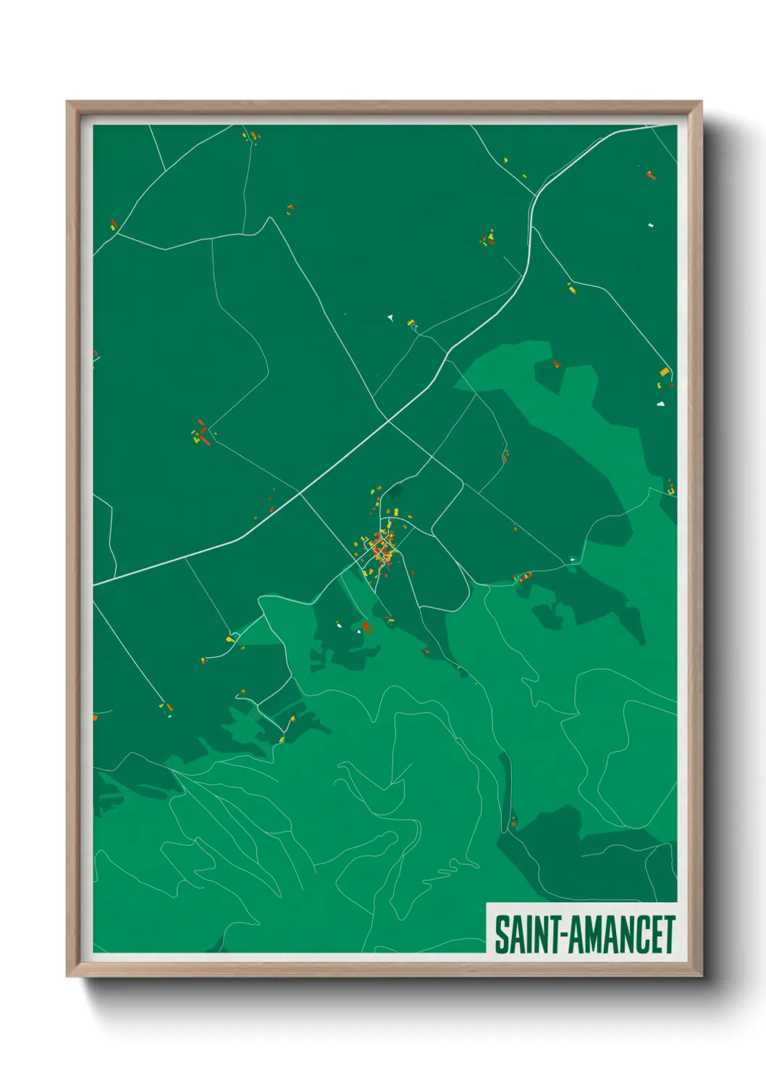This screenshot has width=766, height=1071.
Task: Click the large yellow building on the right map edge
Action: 664,372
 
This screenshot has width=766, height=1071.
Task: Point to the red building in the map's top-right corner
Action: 649,174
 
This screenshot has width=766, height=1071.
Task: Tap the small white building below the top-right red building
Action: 650,226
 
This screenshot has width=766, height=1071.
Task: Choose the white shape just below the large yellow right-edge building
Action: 660,404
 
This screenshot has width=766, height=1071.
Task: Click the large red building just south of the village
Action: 366,627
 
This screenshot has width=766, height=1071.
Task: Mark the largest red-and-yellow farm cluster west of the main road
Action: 201,435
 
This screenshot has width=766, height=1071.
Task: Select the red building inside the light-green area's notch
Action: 557,365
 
